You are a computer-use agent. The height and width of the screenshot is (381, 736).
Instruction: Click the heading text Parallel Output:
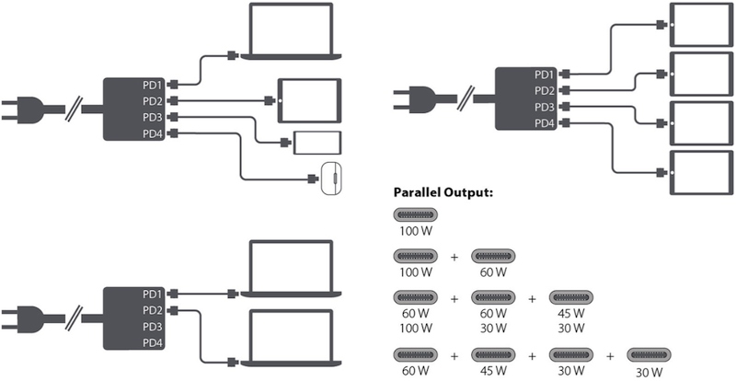pos(443,193)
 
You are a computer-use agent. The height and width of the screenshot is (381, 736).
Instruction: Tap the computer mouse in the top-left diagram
pos(331,179)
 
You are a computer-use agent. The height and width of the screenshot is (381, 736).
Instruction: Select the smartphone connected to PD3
pos(317,143)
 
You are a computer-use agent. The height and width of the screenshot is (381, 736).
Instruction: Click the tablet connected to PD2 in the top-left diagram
pos(309,100)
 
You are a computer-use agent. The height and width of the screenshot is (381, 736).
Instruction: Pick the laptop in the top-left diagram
pos(292,31)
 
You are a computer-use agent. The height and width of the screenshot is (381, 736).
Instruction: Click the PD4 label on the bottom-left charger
pos(153,344)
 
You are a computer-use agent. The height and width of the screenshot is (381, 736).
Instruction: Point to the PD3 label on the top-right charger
pos(545,108)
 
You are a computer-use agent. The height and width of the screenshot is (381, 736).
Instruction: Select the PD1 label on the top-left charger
pos(153,85)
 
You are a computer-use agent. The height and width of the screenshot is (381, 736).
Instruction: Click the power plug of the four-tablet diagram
pos(424,99)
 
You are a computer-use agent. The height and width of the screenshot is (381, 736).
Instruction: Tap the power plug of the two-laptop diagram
pos(33,319)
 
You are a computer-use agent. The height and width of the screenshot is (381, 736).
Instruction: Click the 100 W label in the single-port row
pos(416,232)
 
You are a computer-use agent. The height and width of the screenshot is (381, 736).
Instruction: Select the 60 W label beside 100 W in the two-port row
pos(493,272)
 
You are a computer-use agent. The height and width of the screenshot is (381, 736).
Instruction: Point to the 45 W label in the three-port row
pos(570,313)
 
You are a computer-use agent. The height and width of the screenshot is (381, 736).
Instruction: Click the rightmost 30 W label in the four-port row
pos(650,373)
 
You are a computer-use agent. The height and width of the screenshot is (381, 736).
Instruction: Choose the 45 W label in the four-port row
pos(493,371)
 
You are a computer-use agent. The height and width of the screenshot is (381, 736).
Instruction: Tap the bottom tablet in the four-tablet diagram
pos(701,173)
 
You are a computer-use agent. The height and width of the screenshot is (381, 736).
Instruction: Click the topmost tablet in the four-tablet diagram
pos(701,25)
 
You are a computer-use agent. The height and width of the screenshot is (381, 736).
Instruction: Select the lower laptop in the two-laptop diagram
pos(292,338)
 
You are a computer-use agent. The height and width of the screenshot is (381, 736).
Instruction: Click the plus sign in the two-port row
pos(454,258)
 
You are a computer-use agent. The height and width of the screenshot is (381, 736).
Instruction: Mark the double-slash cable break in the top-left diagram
pos(74,109)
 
